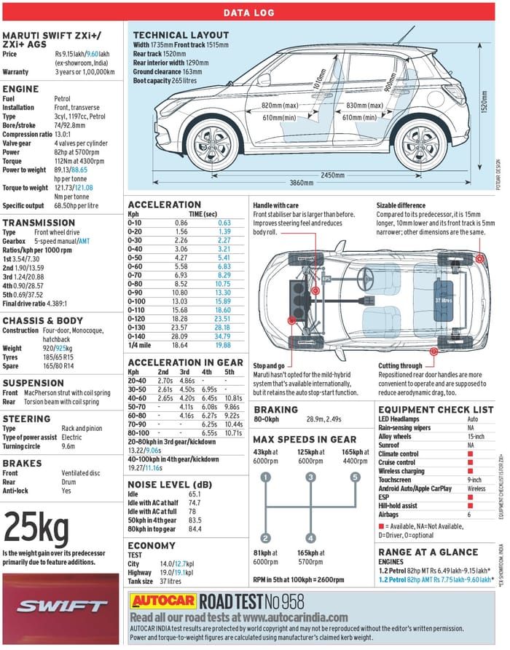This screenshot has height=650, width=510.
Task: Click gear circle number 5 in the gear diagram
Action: pos(356,477)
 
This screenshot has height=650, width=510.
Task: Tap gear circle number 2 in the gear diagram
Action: pos(266,538)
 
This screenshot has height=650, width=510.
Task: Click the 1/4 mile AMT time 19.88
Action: pos(223,345)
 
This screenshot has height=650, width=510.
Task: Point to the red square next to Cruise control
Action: pos(471,463)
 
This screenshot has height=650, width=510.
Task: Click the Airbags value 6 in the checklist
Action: pos(470,514)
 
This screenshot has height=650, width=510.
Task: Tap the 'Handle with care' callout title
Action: pos(277,206)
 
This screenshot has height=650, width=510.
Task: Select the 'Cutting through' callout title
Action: pos(400,366)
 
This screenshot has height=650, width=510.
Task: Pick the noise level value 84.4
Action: pos(195,528)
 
